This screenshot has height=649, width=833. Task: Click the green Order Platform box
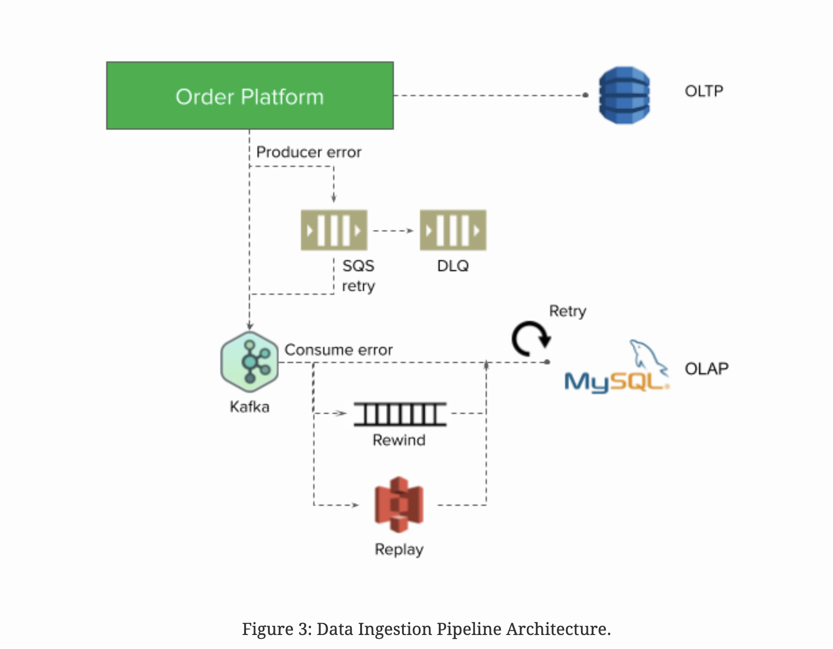coord(250,96)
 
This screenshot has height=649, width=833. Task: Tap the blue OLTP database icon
coord(624,95)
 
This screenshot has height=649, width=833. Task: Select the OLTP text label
coord(703,91)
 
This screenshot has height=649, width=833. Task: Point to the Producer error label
coord(308,152)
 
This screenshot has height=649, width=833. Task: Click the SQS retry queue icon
coord(334,230)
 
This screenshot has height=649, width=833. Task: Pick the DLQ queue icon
coord(453,230)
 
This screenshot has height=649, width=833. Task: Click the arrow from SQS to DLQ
coord(393,231)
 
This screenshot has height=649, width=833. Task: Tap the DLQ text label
coord(453,266)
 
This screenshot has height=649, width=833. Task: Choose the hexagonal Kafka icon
coord(250,362)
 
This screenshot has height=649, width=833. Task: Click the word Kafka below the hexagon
coord(249,407)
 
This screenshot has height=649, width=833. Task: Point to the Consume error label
coord(338,350)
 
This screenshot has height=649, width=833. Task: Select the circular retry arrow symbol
coord(531,338)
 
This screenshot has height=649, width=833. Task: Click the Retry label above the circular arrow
coord(567,311)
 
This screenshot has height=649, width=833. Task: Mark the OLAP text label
coord(706,369)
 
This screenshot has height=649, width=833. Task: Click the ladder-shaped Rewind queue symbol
coord(400,414)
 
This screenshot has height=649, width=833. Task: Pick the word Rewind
coord(399,440)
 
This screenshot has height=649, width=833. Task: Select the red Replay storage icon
coord(399,504)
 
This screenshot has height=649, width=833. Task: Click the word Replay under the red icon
coord(399,549)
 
